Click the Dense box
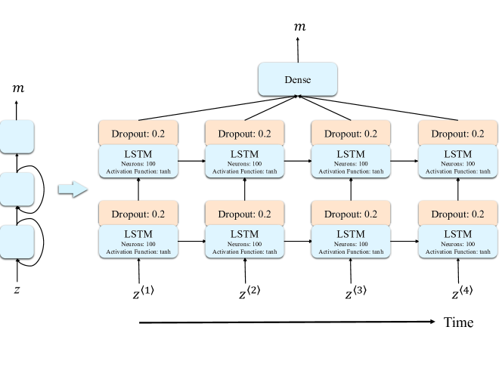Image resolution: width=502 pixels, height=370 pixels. tap(297, 79)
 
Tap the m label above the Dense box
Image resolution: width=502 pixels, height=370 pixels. tap(299, 28)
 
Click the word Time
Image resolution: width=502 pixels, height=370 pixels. tap(458, 323)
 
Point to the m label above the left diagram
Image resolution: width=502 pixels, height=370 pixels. tap(18, 89)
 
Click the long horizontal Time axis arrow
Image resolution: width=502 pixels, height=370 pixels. tap(287, 323)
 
